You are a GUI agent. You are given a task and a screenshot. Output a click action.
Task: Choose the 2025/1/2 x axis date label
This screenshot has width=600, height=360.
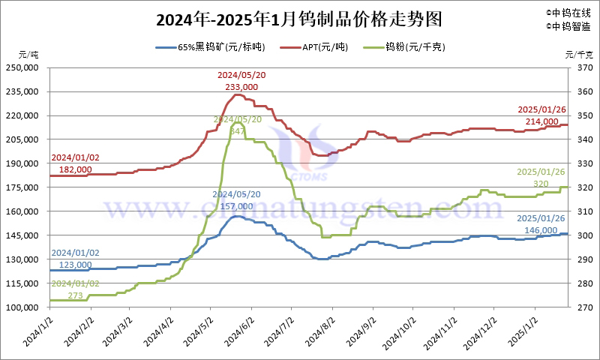522,330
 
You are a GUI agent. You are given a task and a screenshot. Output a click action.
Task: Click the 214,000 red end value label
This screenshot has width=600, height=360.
541,121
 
